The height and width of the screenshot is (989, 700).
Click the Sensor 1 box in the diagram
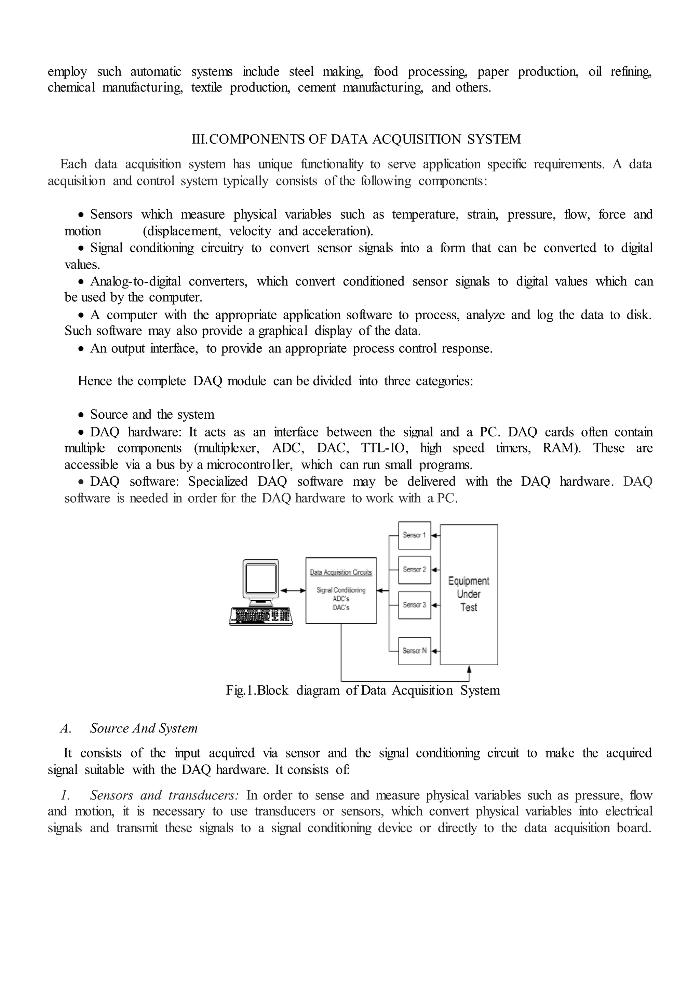click(414, 535)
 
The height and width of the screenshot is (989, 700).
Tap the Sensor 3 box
click(414, 605)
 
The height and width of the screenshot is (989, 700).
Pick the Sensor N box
click(414, 651)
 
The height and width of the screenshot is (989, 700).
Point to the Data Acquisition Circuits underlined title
click(340, 572)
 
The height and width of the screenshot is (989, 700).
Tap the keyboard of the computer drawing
click(261, 616)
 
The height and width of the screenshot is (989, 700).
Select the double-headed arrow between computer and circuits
click(293, 590)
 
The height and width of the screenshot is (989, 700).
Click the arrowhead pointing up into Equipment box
click(469, 669)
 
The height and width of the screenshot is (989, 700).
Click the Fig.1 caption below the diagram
click(363, 691)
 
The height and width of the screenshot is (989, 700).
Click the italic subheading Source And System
click(144, 728)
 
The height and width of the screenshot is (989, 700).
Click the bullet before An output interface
click(81, 349)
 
